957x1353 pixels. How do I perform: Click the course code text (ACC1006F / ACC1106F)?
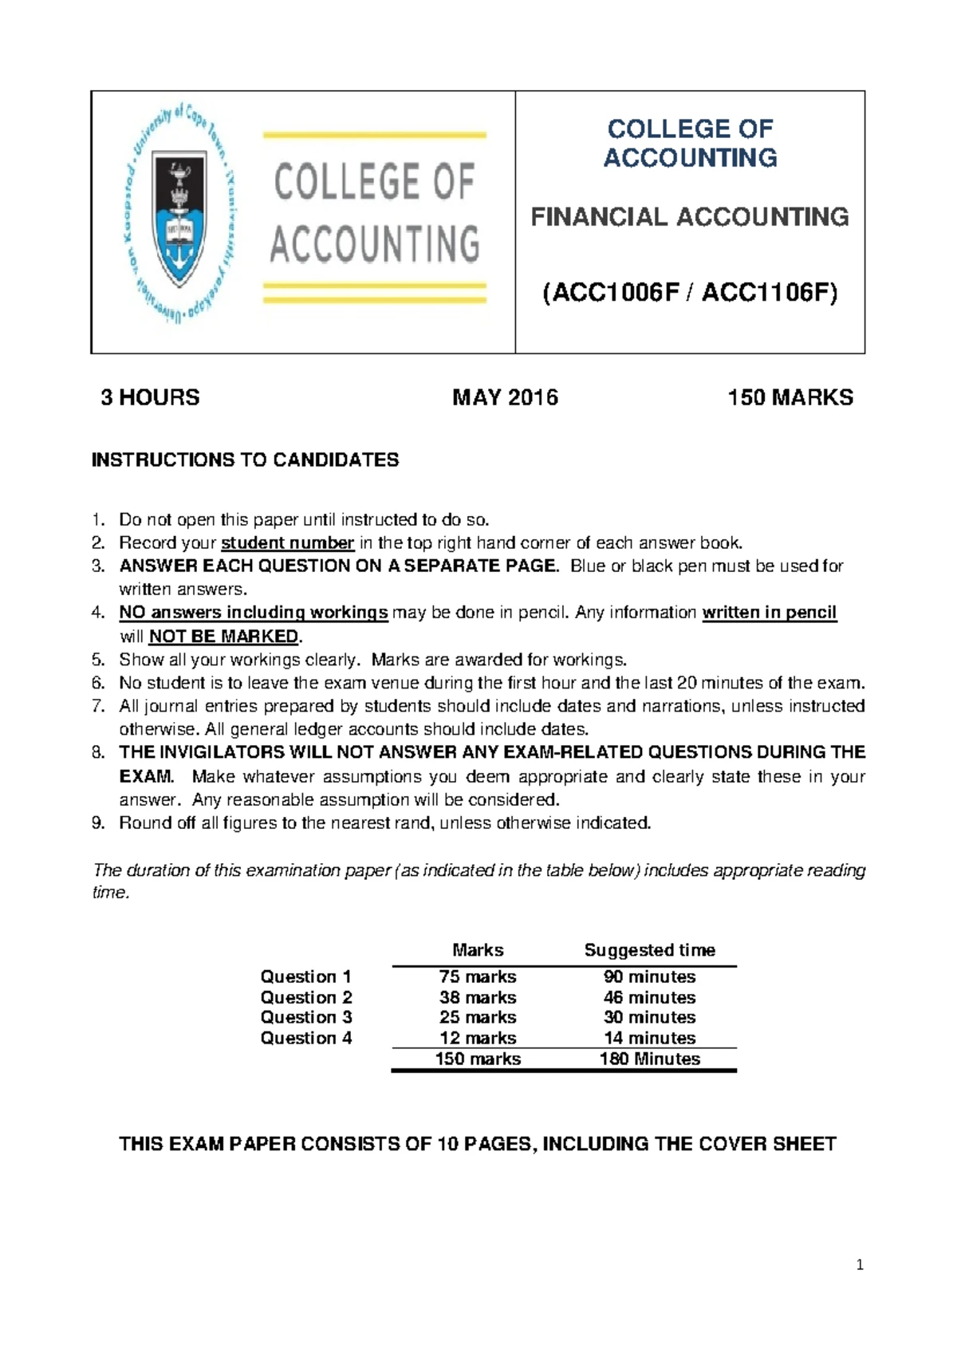[x=690, y=294]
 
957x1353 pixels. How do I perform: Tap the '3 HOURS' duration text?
[x=150, y=397]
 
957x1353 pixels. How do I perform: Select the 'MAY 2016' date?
[x=505, y=397]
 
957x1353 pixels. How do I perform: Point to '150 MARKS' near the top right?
[x=790, y=397]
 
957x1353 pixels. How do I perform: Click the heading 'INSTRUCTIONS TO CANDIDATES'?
[x=245, y=460]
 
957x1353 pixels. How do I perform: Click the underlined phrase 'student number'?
[x=287, y=543]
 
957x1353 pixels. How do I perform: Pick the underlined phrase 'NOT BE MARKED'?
[x=224, y=637]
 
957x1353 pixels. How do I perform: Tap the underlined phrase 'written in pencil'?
[x=769, y=613]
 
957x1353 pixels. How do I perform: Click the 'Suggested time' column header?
[x=649, y=950]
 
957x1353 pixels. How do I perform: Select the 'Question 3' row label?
[x=305, y=1017]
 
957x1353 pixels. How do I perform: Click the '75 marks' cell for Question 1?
[x=477, y=976]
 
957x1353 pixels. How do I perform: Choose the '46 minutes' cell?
[x=649, y=997]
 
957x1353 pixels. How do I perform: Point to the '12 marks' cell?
[x=477, y=1038]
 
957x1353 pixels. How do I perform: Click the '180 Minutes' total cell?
[x=649, y=1059]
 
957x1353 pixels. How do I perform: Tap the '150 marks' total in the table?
[x=477, y=1059]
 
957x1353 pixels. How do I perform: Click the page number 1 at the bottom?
[x=859, y=1264]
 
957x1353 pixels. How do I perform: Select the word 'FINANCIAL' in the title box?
[x=599, y=217]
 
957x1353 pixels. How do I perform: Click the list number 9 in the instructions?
[x=97, y=823]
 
